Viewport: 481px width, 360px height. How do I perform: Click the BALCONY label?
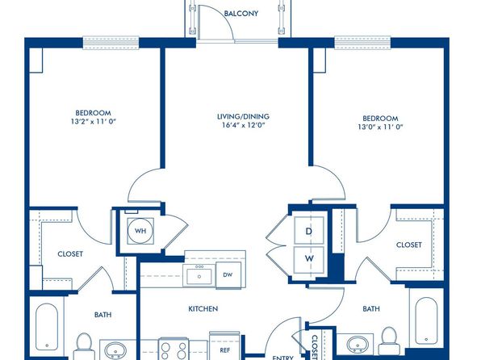click(240, 14)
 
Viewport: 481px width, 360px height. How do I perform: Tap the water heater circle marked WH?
click(140, 231)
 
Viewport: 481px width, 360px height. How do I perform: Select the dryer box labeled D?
click(308, 231)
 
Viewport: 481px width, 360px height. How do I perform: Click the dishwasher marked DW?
click(228, 275)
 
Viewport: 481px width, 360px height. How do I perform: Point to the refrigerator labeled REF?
click(225, 346)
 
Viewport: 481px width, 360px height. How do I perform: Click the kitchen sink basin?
click(199, 276)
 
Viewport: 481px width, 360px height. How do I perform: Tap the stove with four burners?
click(174, 350)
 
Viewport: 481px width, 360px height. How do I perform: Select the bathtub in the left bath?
click(47, 327)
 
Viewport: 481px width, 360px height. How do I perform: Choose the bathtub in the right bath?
click(426, 320)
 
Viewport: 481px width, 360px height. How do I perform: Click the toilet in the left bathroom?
click(84, 346)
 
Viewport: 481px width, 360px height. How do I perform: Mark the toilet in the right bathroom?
click(389, 341)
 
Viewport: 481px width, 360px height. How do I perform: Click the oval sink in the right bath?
click(358, 343)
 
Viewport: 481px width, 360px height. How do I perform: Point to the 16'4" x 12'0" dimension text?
click(243, 125)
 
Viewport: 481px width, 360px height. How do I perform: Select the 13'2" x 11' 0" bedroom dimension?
click(94, 121)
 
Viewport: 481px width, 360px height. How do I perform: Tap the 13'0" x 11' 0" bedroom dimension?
click(380, 127)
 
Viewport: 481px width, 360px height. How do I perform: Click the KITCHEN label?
click(203, 309)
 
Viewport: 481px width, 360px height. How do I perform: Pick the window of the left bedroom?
click(111, 42)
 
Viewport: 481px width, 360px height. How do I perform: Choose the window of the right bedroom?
click(362, 42)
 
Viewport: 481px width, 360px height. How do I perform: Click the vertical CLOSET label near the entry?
click(315, 347)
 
